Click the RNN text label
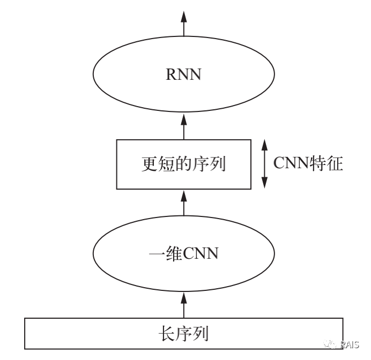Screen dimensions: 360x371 coord(183,74)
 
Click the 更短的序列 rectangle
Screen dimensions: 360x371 coord(183,164)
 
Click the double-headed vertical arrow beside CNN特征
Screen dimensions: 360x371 coord(264,164)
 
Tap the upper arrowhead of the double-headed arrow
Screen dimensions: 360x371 coord(264,145)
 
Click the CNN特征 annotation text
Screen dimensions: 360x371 coord(308,163)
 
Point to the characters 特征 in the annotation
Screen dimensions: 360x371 coord(328,163)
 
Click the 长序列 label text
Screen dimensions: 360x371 coord(183,334)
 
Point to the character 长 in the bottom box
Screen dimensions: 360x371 coord(167,334)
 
